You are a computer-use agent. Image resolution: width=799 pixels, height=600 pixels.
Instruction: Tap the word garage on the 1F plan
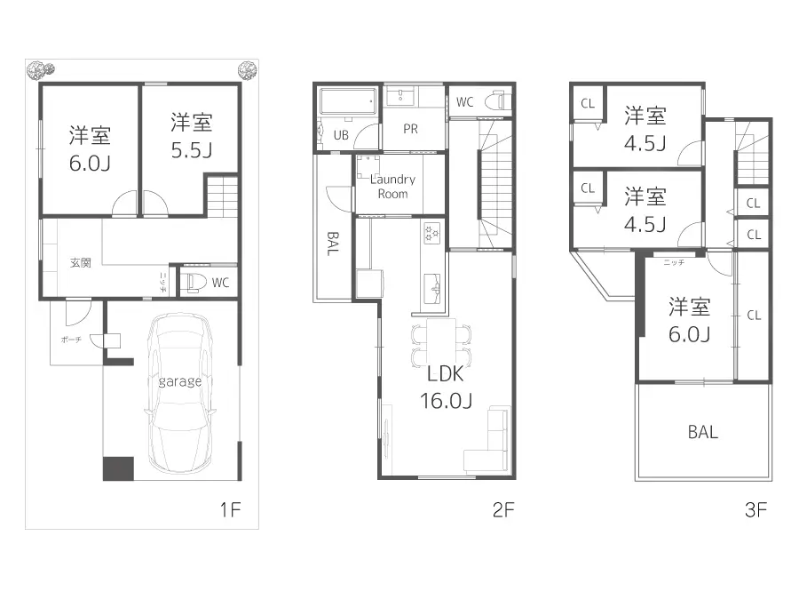click(180, 381)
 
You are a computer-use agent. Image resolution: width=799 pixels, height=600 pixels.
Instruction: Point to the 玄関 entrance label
click(81, 263)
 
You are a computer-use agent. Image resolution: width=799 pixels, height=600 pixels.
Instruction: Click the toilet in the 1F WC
click(192, 283)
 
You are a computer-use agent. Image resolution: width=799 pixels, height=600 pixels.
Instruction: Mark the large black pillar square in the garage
click(117, 468)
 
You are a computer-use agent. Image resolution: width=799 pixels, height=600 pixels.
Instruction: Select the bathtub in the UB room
click(348, 100)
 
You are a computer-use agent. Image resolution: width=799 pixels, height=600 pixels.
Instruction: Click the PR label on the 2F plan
click(410, 129)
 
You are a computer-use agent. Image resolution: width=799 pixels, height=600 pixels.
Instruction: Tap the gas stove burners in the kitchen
click(432, 233)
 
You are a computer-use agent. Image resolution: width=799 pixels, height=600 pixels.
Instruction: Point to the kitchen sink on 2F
click(432, 285)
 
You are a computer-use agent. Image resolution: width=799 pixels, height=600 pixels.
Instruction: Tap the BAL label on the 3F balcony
click(702, 433)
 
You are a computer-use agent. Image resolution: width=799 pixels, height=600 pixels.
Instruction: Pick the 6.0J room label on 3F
click(689, 333)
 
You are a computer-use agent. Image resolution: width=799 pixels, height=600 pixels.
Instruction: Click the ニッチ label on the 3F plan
click(673, 263)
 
